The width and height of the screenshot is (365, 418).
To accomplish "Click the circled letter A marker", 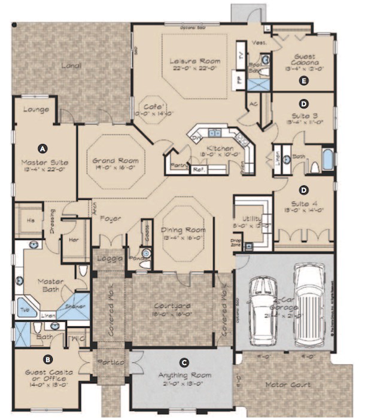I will pyautogui.click(x=42, y=147).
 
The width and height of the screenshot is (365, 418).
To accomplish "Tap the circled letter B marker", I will pyautogui.click(x=47, y=359).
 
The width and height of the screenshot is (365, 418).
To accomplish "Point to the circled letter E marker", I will pyautogui.click(x=305, y=80).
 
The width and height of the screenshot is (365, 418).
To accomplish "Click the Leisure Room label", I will pyautogui.click(x=194, y=61).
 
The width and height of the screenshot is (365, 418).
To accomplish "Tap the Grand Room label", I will pyautogui.click(x=115, y=161).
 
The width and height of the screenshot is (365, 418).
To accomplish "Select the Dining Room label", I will pyautogui.click(x=184, y=230).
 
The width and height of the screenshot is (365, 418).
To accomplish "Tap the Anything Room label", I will pyautogui.click(x=185, y=375).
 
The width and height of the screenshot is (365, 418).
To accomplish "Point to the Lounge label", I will pyautogui.click(x=35, y=110).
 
